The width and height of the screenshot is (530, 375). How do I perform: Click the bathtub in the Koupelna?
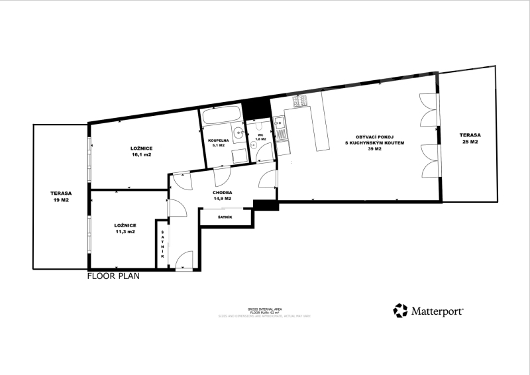221,118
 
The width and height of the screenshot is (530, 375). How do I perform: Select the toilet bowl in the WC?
259,128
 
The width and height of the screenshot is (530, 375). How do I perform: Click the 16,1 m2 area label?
140,154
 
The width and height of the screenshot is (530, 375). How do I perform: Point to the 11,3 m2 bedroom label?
125,232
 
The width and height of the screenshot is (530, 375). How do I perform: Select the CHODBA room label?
222,192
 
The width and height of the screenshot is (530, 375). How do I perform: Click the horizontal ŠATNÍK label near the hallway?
225,217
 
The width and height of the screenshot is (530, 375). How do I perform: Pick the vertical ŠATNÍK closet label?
162,245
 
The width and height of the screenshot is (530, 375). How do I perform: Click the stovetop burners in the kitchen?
298,101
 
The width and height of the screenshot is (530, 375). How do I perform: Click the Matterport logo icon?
400,311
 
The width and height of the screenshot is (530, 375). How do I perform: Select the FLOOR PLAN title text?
113,278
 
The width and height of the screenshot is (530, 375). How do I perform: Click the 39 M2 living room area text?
374,149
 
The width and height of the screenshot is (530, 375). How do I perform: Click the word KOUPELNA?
218,141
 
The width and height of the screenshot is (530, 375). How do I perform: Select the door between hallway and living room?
270,178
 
